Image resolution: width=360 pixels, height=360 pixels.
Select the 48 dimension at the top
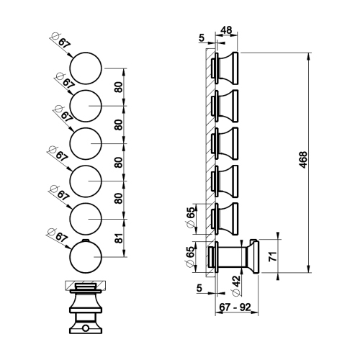(226, 32)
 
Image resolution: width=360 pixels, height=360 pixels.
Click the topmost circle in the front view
(87, 68)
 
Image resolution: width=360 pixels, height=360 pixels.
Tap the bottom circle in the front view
(87, 256)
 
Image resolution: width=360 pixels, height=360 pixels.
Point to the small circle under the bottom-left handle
(86, 328)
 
